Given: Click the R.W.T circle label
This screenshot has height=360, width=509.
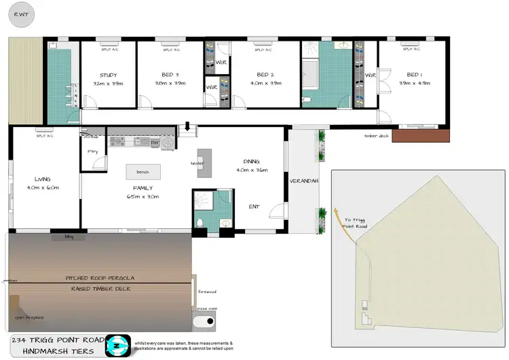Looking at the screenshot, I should point(20,14).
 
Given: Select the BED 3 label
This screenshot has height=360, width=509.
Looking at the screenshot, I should point(170,75).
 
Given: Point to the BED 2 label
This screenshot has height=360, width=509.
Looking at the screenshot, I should point(265,75).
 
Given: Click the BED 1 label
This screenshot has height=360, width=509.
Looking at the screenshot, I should point(413,75).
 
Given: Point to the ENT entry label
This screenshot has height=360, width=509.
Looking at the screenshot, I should point(254,206).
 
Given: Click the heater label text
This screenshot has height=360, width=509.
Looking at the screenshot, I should point(197,163).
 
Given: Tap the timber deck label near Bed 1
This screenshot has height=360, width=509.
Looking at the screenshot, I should point(376,136).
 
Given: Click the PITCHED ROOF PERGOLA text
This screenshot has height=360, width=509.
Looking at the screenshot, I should point(99,278).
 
